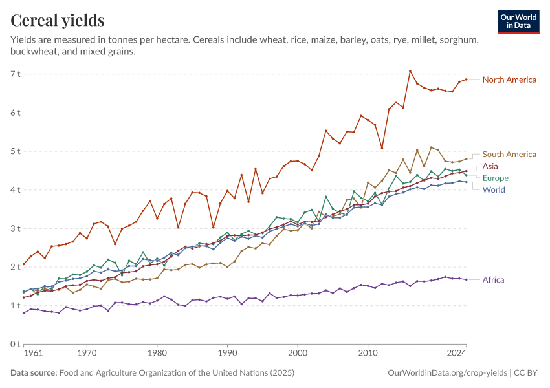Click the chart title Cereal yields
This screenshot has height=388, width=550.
point(58,21)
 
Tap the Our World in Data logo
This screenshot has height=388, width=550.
point(518,21)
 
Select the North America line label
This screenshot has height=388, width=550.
point(509,80)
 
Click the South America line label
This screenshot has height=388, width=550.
point(509,155)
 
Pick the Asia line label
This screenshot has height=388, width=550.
point(490,166)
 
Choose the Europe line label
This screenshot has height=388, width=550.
point(496,178)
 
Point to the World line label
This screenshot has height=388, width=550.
point(494,189)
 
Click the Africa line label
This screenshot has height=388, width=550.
point(494,280)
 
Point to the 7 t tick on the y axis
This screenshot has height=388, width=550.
point(15,74)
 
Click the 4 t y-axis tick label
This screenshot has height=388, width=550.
point(15,190)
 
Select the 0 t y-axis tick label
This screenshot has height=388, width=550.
point(15,344)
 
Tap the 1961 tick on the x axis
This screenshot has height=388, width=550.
point(33,354)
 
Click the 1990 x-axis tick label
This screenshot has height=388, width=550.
point(227,354)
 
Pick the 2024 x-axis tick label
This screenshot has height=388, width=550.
point(456,354)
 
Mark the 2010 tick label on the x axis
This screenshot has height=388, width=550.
point(368,354)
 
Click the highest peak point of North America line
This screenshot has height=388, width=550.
point(410,71)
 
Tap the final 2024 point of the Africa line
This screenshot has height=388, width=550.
point(466,279)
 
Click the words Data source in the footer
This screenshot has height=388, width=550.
point(34,373)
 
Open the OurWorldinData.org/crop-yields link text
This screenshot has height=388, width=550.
point(446,373)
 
